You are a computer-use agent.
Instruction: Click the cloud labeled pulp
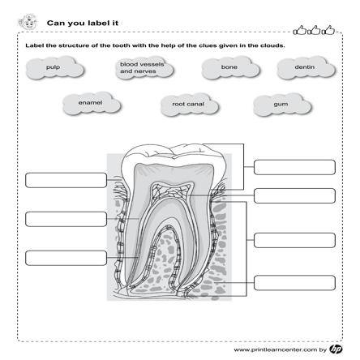(x=55, y=68)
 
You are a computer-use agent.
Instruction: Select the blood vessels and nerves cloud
(x=144, y=68)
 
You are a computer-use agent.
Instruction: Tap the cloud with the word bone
(x=230, y=68)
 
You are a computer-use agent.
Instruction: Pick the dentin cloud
(x=306, y=68)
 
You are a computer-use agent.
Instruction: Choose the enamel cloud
(x=92, y=104)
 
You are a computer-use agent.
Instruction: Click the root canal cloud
(x=190, y=105)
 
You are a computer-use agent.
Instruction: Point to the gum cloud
(x=282, y=105)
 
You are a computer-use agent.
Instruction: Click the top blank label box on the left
(x=66, y=180)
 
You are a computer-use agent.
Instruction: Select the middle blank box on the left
(x=66, y=219)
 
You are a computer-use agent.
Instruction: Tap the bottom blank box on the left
(x=66, y=258)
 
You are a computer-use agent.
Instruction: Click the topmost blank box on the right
(x=294, y=167)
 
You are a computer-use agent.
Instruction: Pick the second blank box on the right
(x=294, y=195)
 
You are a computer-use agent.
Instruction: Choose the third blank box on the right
(x=294, y=240)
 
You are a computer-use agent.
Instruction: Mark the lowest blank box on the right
(x=294, y=283)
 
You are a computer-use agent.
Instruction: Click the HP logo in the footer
(x=336, y=349)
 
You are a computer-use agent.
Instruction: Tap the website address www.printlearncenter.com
(x=276, y=349)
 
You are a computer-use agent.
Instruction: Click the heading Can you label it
(x=83, y=24)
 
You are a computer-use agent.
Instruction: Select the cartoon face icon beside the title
(x=28, y=22)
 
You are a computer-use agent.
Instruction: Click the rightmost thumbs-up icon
(x=328, y=30)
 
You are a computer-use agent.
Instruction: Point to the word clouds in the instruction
(x=272, y=45)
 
